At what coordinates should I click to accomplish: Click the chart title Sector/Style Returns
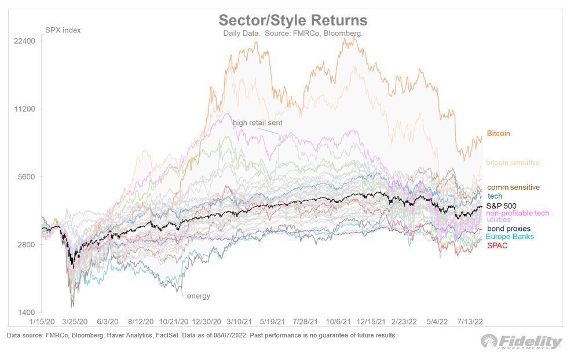click(x=293, y=20)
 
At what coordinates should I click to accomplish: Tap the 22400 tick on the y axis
click(x=25, y=41)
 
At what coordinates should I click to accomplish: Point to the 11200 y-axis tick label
click(x=25, y=109)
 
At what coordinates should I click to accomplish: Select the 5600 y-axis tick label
click(x=27, y=177)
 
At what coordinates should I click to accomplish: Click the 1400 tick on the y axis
click(x=27, y=313)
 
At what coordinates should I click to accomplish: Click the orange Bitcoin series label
click(x=498, y=134)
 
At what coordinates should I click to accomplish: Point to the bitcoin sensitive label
click(x=513, y=163)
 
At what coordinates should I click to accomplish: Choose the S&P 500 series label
click(x=501, y=205)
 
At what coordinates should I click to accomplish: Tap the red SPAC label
click(x=496, y=245)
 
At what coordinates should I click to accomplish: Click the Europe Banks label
click(x=510, y=237)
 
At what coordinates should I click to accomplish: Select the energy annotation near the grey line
click(x=198, y=296)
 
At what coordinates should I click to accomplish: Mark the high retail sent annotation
click(x=257, y=123)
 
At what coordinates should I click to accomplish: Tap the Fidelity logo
click(x=521, y=341)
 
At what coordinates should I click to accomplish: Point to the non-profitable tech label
click(x=517, y=214)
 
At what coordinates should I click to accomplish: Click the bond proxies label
click(x=509, y=229)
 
